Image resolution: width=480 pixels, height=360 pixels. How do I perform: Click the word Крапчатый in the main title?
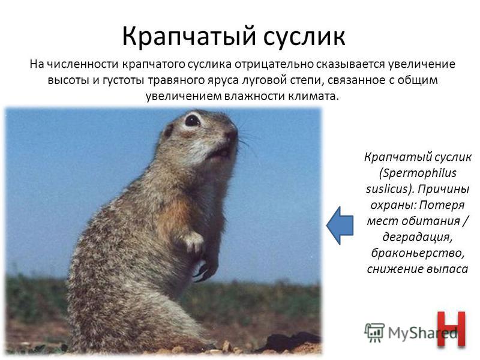tap(188, 37)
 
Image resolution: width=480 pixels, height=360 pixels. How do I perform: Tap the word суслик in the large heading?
tap(304, 37)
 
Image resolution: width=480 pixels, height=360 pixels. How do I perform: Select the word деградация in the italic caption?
tap(417, 237)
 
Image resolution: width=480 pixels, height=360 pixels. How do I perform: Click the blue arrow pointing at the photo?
tap(340, 226)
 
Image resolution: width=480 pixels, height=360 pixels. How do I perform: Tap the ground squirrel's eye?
tap(193, 121)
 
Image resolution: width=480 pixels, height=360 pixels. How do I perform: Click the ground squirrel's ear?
tap(168, 130)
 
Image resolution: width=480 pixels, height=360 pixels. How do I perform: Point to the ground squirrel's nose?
tap(232, 134)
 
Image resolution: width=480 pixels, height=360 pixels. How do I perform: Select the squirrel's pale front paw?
tap(193, 241)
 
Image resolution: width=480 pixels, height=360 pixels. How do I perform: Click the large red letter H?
tap(451, 329)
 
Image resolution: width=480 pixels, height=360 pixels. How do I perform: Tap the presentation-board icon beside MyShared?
tap(374, 332)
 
